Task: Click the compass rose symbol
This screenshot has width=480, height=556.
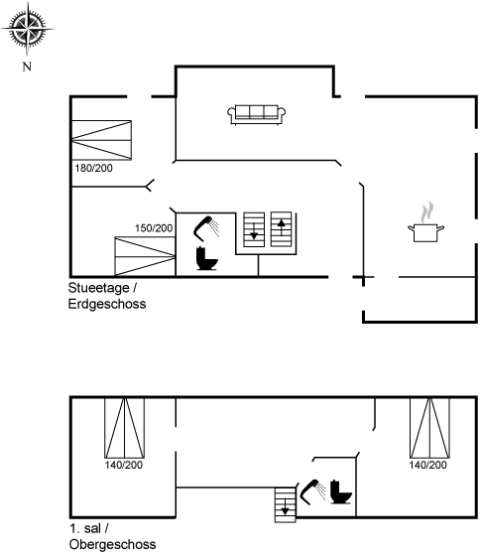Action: pos(28,29)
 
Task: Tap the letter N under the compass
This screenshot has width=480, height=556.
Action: pos(27,67)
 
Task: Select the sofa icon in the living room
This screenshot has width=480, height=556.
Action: pos(257,114)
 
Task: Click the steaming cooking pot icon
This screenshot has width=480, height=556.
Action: pos(425,222)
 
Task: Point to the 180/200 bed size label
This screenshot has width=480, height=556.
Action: pos(93,168)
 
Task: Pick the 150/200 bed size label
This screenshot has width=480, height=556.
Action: pos(154,228)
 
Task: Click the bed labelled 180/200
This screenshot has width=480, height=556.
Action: pos(102,140)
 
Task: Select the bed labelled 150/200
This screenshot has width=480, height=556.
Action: pos(145,256)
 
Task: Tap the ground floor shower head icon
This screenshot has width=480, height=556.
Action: pos(206,228)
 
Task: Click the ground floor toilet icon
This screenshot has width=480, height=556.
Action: pos(206,258)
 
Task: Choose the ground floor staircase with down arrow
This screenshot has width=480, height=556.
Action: pos(254,229)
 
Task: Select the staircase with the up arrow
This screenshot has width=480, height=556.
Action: pos(282,229)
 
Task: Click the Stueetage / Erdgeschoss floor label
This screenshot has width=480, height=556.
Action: pos(107,296)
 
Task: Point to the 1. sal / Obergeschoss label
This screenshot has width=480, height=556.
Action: pos(112,536)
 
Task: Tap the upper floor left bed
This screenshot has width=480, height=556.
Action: pos(124,428)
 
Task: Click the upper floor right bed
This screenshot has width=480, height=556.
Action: pos(429,428)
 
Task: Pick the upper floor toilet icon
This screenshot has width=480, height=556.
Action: pos(341,491)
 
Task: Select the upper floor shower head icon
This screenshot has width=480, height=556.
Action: pos(312,491)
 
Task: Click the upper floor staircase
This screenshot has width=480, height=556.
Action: pos(286,505)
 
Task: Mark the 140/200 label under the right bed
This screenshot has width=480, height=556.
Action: pos(427,465)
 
